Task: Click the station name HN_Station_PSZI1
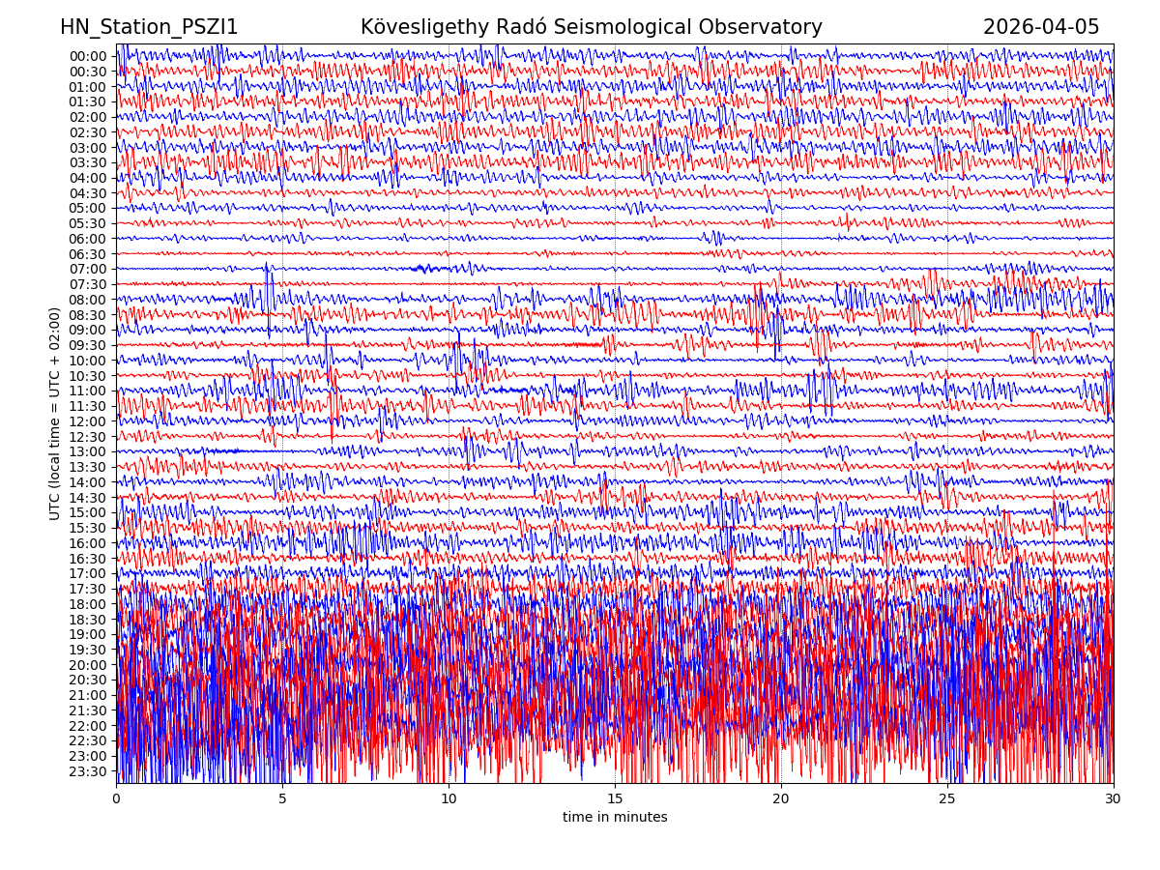pos(149,28)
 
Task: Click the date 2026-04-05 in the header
pos(1041,28)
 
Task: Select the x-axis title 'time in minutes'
pos(615,818)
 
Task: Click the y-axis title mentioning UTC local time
pos(56,414)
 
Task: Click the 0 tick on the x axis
pos(116,799)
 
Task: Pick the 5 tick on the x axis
pos(282,799)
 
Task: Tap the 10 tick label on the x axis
pos(449,799)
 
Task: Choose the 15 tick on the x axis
pos(615,799)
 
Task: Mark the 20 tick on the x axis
pos(781,799)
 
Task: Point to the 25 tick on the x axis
pos(947,799)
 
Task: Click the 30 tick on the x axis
pos(1114,799)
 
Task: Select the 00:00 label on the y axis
pos(87,56)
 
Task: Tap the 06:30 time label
pos(87,254)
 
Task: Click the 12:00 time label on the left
pos(87,421)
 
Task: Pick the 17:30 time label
pos(87,589)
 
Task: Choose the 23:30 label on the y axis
pos(87,771)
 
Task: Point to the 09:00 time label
pos(87,330)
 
